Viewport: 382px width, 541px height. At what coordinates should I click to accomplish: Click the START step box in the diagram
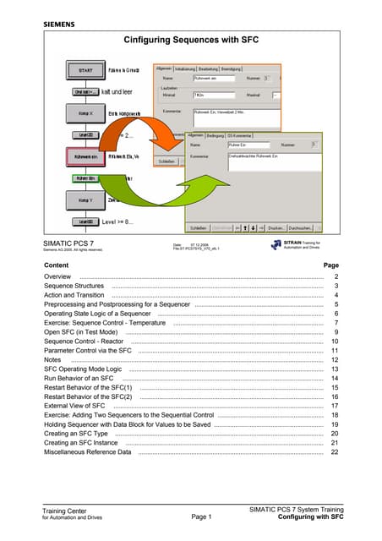coord(85,70)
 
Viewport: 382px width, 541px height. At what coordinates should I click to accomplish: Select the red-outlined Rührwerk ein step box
coord(85,156)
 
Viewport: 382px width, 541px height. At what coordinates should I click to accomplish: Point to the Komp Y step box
coord(85,200)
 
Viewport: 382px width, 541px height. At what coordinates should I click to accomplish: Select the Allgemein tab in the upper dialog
coord(164,68)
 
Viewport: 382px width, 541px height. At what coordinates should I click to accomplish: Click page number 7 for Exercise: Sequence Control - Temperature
coord(336,323)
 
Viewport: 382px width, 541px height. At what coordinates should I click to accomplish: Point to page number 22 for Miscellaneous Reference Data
coord(335,452)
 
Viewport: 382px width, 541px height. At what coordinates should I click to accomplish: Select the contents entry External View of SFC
coord(74,406)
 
